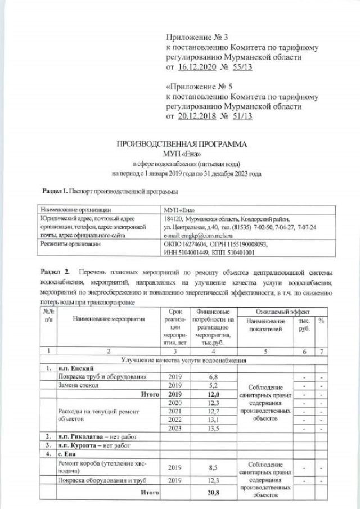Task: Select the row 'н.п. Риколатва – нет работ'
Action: (97, 436)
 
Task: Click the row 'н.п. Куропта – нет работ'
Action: (94, 444)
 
